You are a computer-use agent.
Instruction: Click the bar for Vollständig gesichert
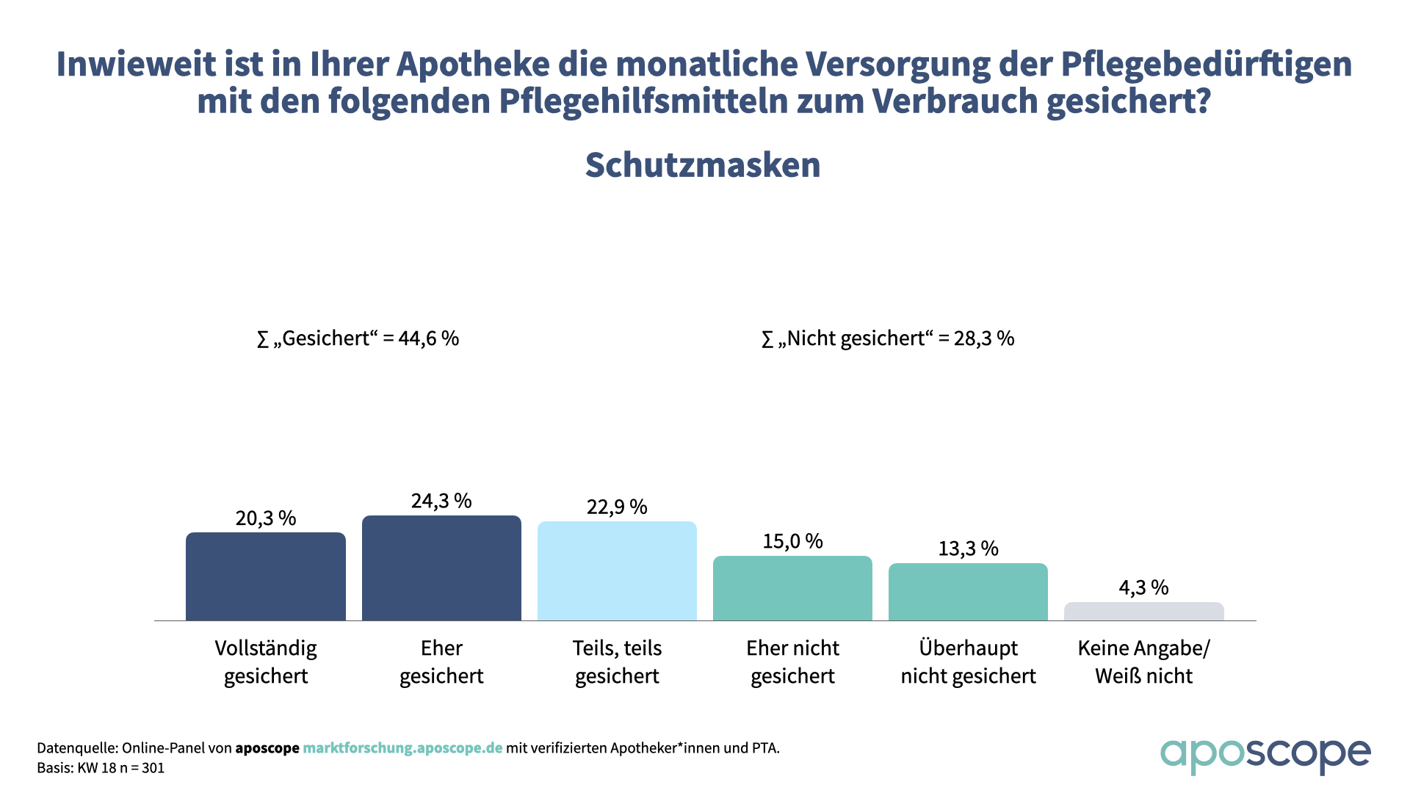tap(265, 576)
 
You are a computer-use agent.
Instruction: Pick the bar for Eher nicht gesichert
tap(792, 588)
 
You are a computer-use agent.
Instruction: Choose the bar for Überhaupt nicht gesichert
tap(968, 592)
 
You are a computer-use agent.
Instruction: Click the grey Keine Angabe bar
tap(1143, 612)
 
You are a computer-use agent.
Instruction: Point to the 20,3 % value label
tap(265, 518)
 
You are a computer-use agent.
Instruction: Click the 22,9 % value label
tap(617, 507)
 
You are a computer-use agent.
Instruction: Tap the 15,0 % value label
tap(792, 541)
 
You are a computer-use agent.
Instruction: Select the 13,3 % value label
tap(968, 548)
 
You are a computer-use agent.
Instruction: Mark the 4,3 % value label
tap(1143, 587)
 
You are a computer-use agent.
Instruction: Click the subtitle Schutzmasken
tap(703, 165)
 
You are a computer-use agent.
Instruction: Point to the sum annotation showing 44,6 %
tap(358, 338)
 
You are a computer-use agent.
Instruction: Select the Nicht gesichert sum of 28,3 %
tap(888, 338)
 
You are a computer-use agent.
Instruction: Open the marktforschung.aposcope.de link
tap(402, 748)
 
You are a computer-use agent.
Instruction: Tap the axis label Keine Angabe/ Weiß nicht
tap(1143, 662)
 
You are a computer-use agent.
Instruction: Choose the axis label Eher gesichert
tap(441, 662)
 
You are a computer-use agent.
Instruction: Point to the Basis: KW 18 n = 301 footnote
tap(101, 768)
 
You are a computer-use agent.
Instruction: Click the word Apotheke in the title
tap(473, 65)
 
